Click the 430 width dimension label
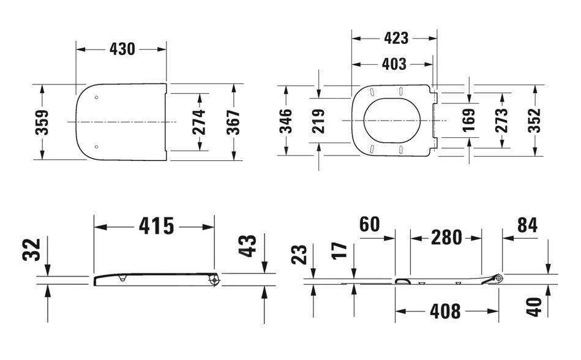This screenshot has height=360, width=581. click(x=122, y=49)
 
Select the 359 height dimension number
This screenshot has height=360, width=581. click(x=42, y=122)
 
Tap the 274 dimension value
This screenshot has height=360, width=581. click(x=199, y=122)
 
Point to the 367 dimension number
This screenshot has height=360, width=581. click(x=233, y=122)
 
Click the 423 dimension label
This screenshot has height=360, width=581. click(x=396, y=38)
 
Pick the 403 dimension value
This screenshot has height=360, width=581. click(x=394, y=64)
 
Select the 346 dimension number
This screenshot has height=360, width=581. click(x=286, y=121)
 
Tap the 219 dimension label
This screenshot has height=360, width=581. click(x=318, y=121)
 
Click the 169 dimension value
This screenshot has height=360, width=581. click(x=469, y=120)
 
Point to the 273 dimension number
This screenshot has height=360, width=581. click(x=501, y=121)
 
